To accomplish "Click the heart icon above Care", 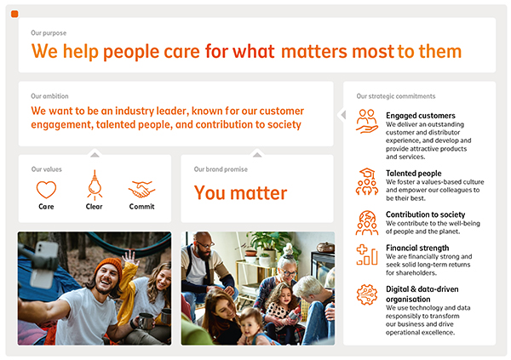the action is [46, 189].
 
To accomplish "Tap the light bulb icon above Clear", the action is [95, 185].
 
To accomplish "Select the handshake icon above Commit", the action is [141, 189].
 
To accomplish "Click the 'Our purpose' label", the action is [49, 33].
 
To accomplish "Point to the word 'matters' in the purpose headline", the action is [314, 51].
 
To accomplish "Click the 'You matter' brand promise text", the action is [240, 193].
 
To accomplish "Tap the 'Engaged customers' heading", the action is [421, 116].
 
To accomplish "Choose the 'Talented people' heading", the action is [414, 174].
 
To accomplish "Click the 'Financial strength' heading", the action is [417, 248].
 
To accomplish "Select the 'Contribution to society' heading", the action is [425, 214].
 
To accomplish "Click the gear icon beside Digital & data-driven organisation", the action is [367, 294].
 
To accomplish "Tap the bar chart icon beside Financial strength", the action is [367, 254].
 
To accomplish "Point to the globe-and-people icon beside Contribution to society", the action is [367, 223].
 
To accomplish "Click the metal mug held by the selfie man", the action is [145, 321].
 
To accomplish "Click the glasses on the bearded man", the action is [205, 244].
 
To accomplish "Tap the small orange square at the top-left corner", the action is [14, 14].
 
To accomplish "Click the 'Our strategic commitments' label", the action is [396, 96].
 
